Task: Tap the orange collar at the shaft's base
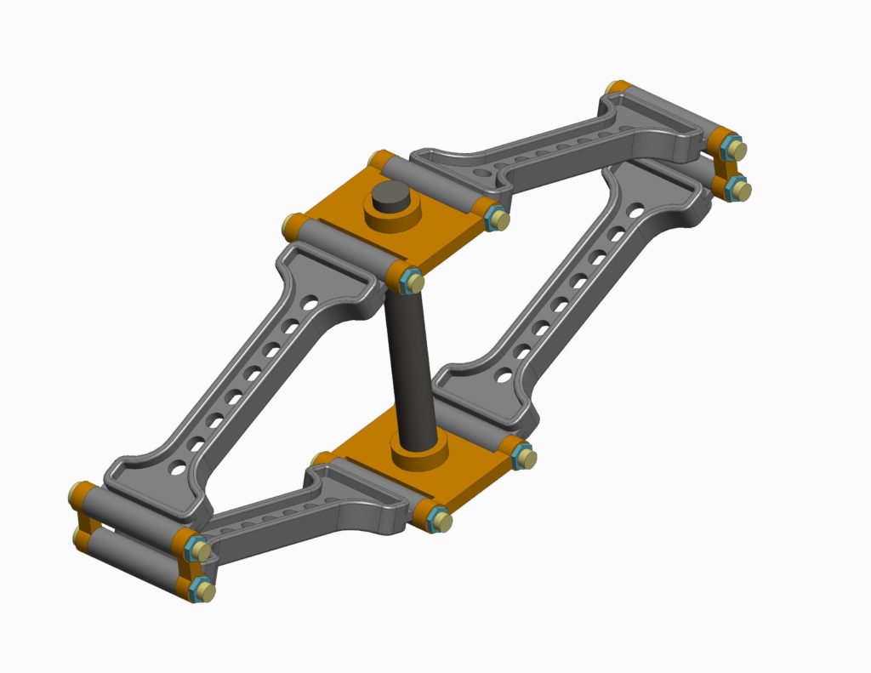click(418, 453)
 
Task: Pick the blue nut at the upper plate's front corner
click(412, 279)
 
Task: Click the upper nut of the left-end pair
click(197, 550)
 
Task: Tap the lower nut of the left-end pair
click(202, 589)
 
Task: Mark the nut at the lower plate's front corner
click(438, 519)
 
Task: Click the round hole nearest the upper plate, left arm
click(312, 302)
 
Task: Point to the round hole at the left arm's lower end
click(177, 467)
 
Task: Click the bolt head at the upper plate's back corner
click(378, 159)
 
